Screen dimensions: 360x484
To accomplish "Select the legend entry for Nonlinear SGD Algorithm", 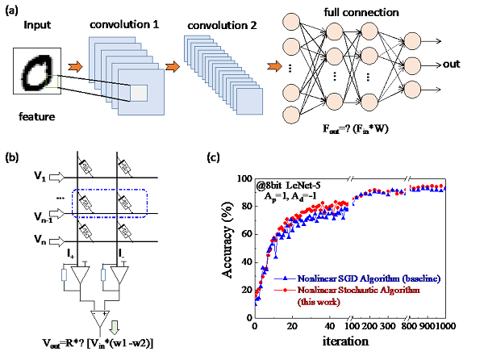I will pyautogui.click(x=363, y=278).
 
